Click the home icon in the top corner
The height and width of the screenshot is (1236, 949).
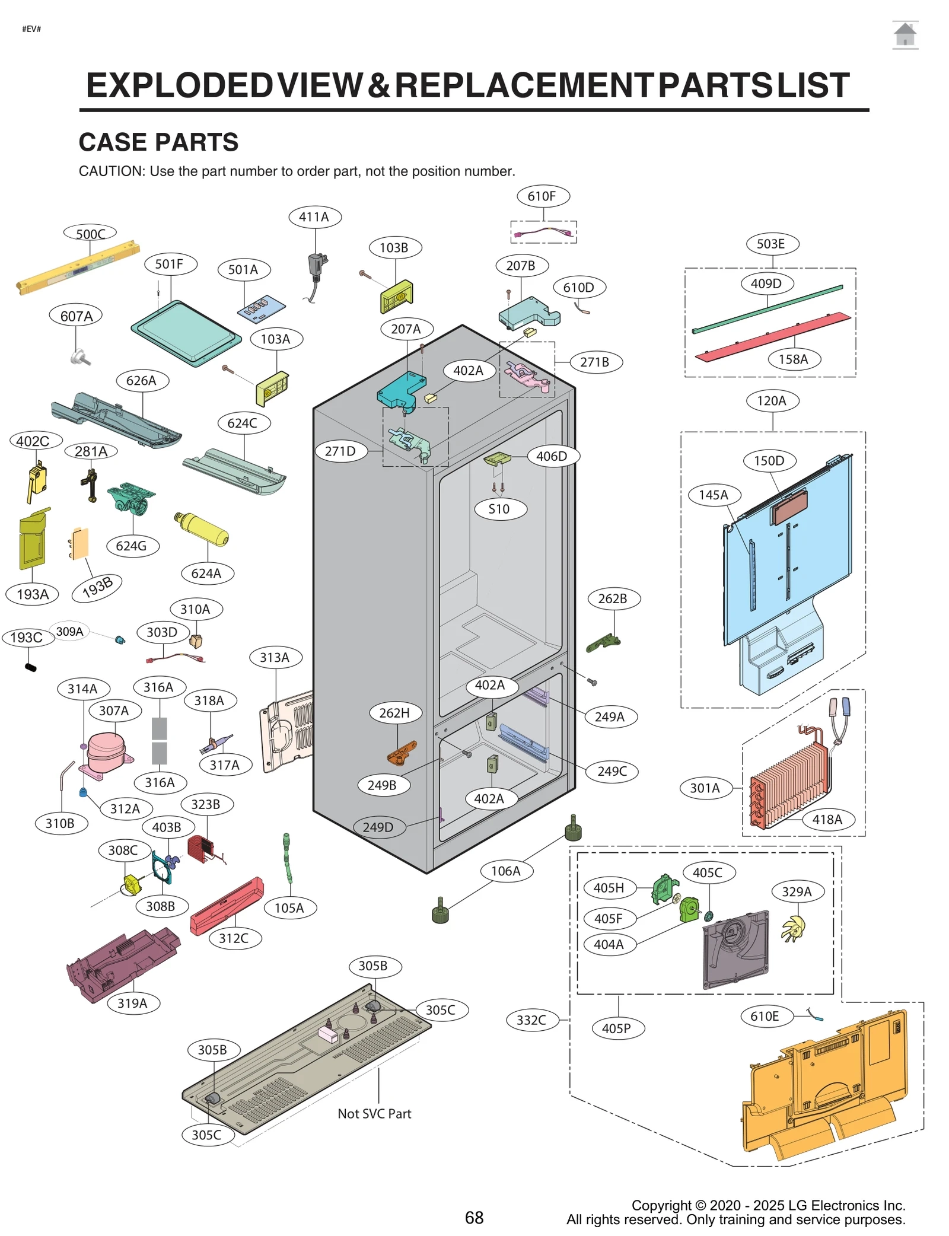pos(905,34)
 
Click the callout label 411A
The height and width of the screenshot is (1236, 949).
pos(314,217)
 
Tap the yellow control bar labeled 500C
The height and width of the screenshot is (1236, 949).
pos(77,267)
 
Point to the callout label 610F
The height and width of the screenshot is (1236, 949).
pos(542,196)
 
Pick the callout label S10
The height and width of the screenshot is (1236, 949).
pos(499,509)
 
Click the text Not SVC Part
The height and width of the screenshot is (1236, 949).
pos(374,1114)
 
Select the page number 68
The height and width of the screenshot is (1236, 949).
pos(474,1218)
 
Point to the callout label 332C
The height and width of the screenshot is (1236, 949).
pos(531,1020)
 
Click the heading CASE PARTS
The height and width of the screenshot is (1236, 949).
pos(158,142)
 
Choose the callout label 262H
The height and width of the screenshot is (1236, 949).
pos(395,713)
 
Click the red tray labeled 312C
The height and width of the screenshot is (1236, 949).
pos(227,906)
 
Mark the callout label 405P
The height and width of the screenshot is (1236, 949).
pos(617,1028)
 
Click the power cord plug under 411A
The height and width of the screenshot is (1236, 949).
pos(317,266)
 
